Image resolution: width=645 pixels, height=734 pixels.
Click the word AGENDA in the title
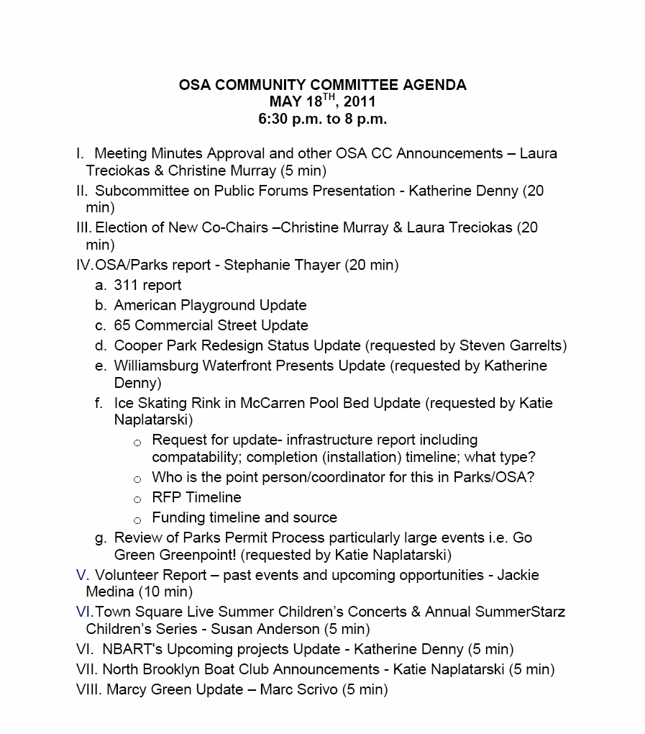point(435,85)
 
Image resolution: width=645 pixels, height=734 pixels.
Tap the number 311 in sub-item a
point(126,285)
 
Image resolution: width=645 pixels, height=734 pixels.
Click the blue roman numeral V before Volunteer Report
point(81,575)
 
